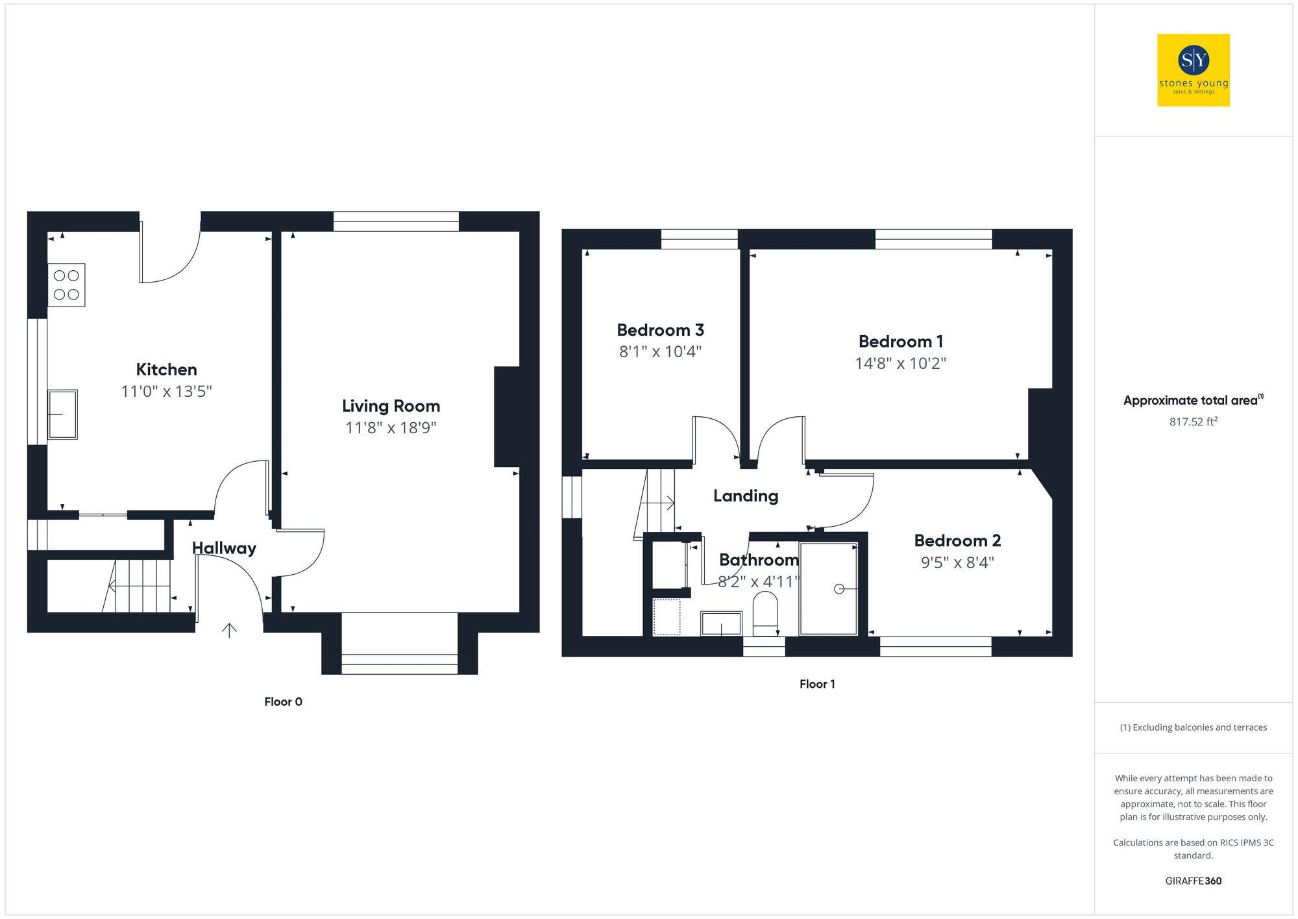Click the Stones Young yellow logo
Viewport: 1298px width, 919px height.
[x=1193, y=70]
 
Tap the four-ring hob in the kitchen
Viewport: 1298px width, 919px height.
[x=66, y=285]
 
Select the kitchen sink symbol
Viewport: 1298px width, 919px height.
[x=62, y=414]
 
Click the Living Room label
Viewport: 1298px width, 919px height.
[x=391, y=406]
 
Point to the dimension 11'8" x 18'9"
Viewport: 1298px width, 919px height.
[x=391, y=428]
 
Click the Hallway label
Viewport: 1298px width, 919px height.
[x=224, y=548]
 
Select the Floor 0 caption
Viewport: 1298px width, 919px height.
[x=283, y=701]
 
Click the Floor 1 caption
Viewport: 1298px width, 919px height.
[x=817, y=684]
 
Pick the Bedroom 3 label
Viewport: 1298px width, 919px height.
[x=660, y=330]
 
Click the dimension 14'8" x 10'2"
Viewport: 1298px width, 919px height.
[x=900, y=363]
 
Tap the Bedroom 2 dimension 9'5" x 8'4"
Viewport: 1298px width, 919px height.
[x=957, y=562]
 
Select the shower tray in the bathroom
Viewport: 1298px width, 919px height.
[x=829, y=589]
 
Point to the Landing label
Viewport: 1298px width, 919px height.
[x=745, y=496]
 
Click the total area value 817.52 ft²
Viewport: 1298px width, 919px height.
[x=1193, y=422]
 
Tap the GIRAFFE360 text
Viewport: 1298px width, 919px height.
[x=1193, y=881]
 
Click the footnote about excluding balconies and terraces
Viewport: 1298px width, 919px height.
[x=1193, y=727]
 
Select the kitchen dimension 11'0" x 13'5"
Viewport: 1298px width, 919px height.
[x=166, y=392]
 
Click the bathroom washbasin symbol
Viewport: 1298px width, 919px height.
[x=721, y=623]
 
